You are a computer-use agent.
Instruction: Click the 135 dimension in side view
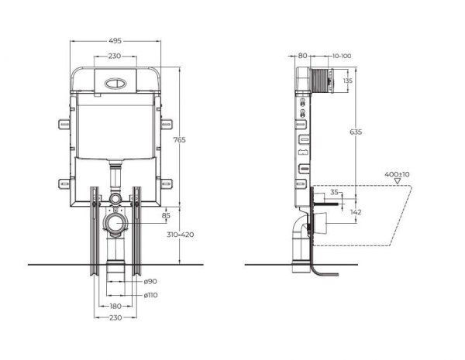pyautogui.click(x=348, y=80)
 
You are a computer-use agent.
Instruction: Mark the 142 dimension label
pyautogui.click(x=355, y=211)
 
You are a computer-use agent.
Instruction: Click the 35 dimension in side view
pyautogui.click(x=334, y=192)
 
